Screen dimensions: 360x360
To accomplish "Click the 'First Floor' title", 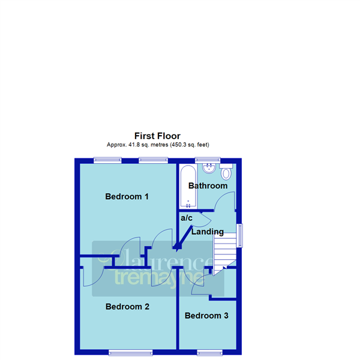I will click(157, 136).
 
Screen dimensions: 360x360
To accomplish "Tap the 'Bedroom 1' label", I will click(127, 196).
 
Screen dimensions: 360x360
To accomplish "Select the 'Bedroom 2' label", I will click(127, 307).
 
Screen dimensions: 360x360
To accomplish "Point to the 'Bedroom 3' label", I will click(206, 316).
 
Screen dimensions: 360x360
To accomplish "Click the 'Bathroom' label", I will click(208, 186).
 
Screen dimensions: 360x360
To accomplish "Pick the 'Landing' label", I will click(208, 232).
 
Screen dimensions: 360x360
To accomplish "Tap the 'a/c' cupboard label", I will click(187, 218).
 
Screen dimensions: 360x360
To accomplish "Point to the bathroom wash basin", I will click(209, 167).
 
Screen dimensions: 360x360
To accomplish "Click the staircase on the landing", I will click(224, 250).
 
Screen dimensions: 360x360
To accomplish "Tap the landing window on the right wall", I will click(239, 235).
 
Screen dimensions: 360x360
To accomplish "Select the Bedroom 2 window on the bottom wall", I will click(130, 352).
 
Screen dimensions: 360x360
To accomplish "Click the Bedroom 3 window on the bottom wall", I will click(210, 352).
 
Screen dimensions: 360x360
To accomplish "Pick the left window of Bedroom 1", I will click(107, 160).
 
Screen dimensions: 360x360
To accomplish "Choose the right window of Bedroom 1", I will click(152, 160).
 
